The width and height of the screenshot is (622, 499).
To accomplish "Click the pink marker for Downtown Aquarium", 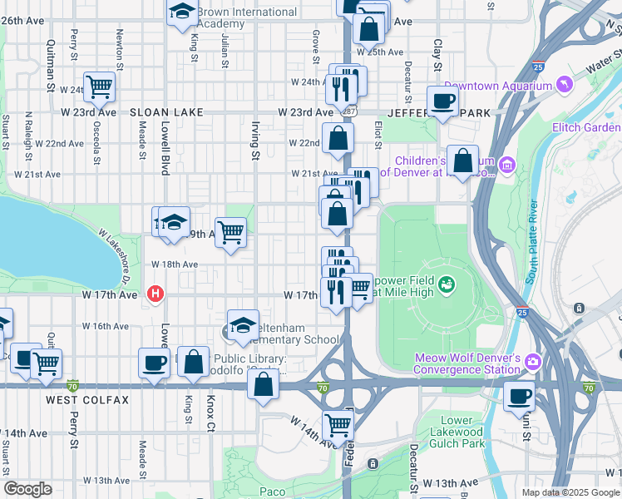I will (x=565, y=86).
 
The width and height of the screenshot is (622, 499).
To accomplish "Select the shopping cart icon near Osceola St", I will (x=99, y=85).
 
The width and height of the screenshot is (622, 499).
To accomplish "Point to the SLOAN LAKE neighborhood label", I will (x=161, y=111).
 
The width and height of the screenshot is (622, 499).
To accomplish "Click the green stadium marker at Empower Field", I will (x=447, y=285).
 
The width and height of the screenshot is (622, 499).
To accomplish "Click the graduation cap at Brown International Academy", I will (x=181, y=12).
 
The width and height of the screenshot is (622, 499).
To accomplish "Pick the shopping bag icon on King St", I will (x=193, y=363).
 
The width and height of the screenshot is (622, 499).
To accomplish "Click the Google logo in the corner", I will (x=27, y=489).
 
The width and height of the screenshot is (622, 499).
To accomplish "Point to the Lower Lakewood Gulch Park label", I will (x=457, y=432).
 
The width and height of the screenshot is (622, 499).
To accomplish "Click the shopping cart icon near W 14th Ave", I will (x=338, y=425).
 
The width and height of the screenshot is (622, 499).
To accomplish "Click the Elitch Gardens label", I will (x=586, y=127).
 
